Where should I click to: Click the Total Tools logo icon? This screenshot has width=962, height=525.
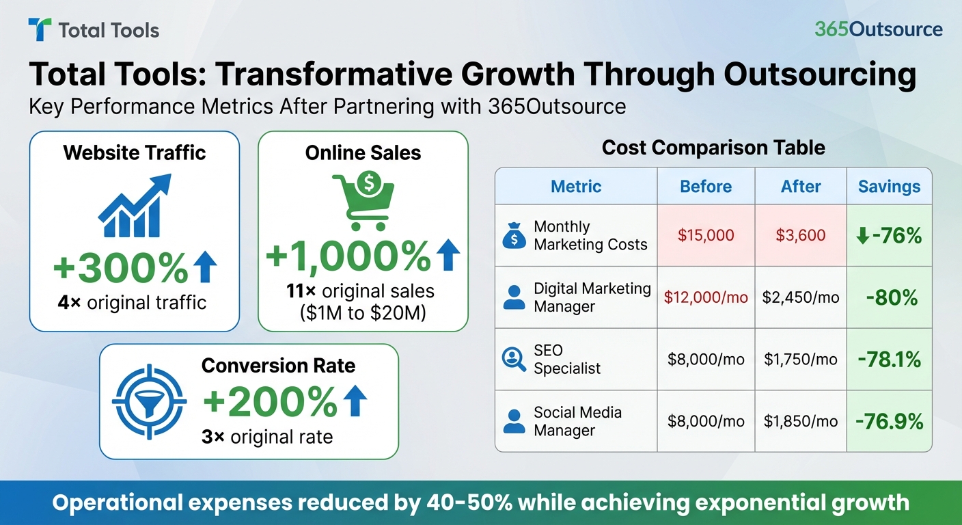coord(40,30)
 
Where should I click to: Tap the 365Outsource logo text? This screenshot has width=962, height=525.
coord(878,30)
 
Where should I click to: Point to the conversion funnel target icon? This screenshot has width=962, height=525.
coord(148,401)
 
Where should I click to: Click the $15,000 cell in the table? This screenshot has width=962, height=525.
coord(706,236)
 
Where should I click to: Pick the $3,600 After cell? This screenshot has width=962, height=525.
coord(801,236)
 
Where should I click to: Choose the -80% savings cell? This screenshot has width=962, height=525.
coord(889,298)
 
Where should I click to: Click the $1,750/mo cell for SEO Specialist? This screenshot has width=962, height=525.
coord(801,360)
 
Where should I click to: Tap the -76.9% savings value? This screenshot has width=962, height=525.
coord(889,422)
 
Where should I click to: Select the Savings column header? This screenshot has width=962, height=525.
coord(889,187)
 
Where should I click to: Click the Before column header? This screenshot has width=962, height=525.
coord(706,187)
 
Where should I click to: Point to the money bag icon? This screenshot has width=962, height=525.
coord(514,235)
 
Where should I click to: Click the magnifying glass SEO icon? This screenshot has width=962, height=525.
coord(514,360)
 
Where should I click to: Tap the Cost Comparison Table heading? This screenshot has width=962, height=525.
coord(713,148)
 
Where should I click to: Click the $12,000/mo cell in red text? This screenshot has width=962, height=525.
coord(706,298)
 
